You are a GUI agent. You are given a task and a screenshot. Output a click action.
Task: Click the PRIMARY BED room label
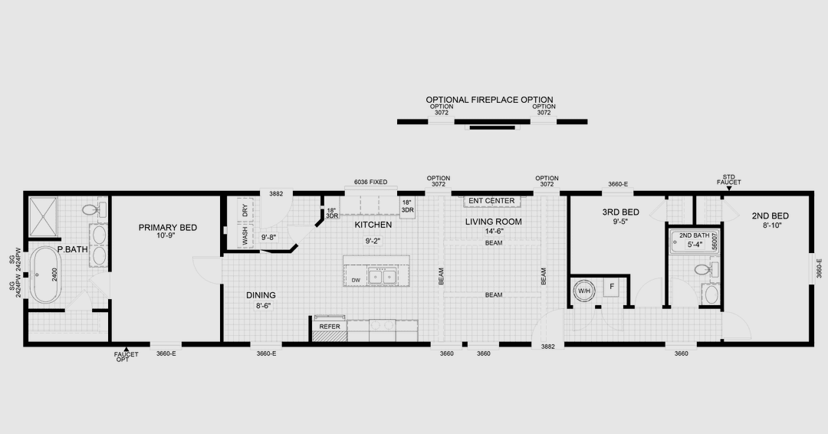click(168, 227)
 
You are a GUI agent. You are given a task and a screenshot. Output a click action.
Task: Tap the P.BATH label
click(72, 249)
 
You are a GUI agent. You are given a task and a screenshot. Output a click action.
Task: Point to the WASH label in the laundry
click(245, 235)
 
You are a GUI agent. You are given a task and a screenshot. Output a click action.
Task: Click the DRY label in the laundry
click(245, 211)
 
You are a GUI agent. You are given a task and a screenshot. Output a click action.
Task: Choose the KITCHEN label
click(373, 225)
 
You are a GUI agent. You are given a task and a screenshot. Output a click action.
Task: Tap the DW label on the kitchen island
click(356, 280)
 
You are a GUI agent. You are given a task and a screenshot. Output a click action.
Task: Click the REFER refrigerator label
click(330, 327)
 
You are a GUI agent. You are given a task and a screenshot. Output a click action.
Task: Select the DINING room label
click(261, 295)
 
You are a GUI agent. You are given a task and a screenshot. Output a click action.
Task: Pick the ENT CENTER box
click(491, 201)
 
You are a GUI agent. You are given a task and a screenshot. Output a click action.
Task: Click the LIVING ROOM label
click(493, 222)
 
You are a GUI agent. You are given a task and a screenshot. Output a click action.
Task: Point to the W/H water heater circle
click(583, 291)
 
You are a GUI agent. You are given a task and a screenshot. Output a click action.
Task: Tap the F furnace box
click(611, 289)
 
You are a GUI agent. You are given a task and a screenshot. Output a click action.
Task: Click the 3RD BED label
click(619, 212)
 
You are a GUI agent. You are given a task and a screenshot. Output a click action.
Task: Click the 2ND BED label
click(770, 215)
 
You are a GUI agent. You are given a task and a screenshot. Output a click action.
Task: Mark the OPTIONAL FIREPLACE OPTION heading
click(489, 100)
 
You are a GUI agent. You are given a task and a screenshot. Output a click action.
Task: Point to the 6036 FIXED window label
click(370, 182)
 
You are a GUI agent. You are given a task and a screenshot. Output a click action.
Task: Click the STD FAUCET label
click(728, 179)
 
